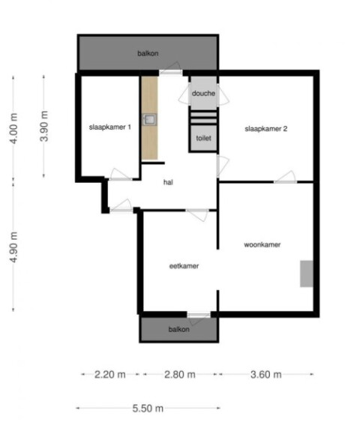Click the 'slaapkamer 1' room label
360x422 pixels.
point(109,127)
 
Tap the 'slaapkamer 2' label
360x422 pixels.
point(266,129)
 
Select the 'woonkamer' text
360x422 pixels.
point(262,244)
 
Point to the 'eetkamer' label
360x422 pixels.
point(184,266)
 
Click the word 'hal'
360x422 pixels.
point(168,182)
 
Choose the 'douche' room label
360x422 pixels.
point(203,94)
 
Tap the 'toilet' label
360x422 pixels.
point(203,138)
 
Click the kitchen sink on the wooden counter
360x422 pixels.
point(149,119)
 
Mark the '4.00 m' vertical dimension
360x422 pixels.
point(13,128)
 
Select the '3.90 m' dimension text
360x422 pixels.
point(44,126)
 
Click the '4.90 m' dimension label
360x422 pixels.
point(13,247)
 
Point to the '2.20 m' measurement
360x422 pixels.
point(109,374)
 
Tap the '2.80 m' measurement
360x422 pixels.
point(180,374)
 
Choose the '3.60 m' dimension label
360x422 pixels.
point(266,374)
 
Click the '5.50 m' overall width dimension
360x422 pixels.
point(148,409)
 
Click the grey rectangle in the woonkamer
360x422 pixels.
point(307,274)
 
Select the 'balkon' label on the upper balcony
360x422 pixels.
point(148,53)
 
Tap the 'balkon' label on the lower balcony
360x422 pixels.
point(178,329)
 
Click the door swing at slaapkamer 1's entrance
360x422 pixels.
point(120,175)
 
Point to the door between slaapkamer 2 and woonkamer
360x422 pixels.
point(286,178)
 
